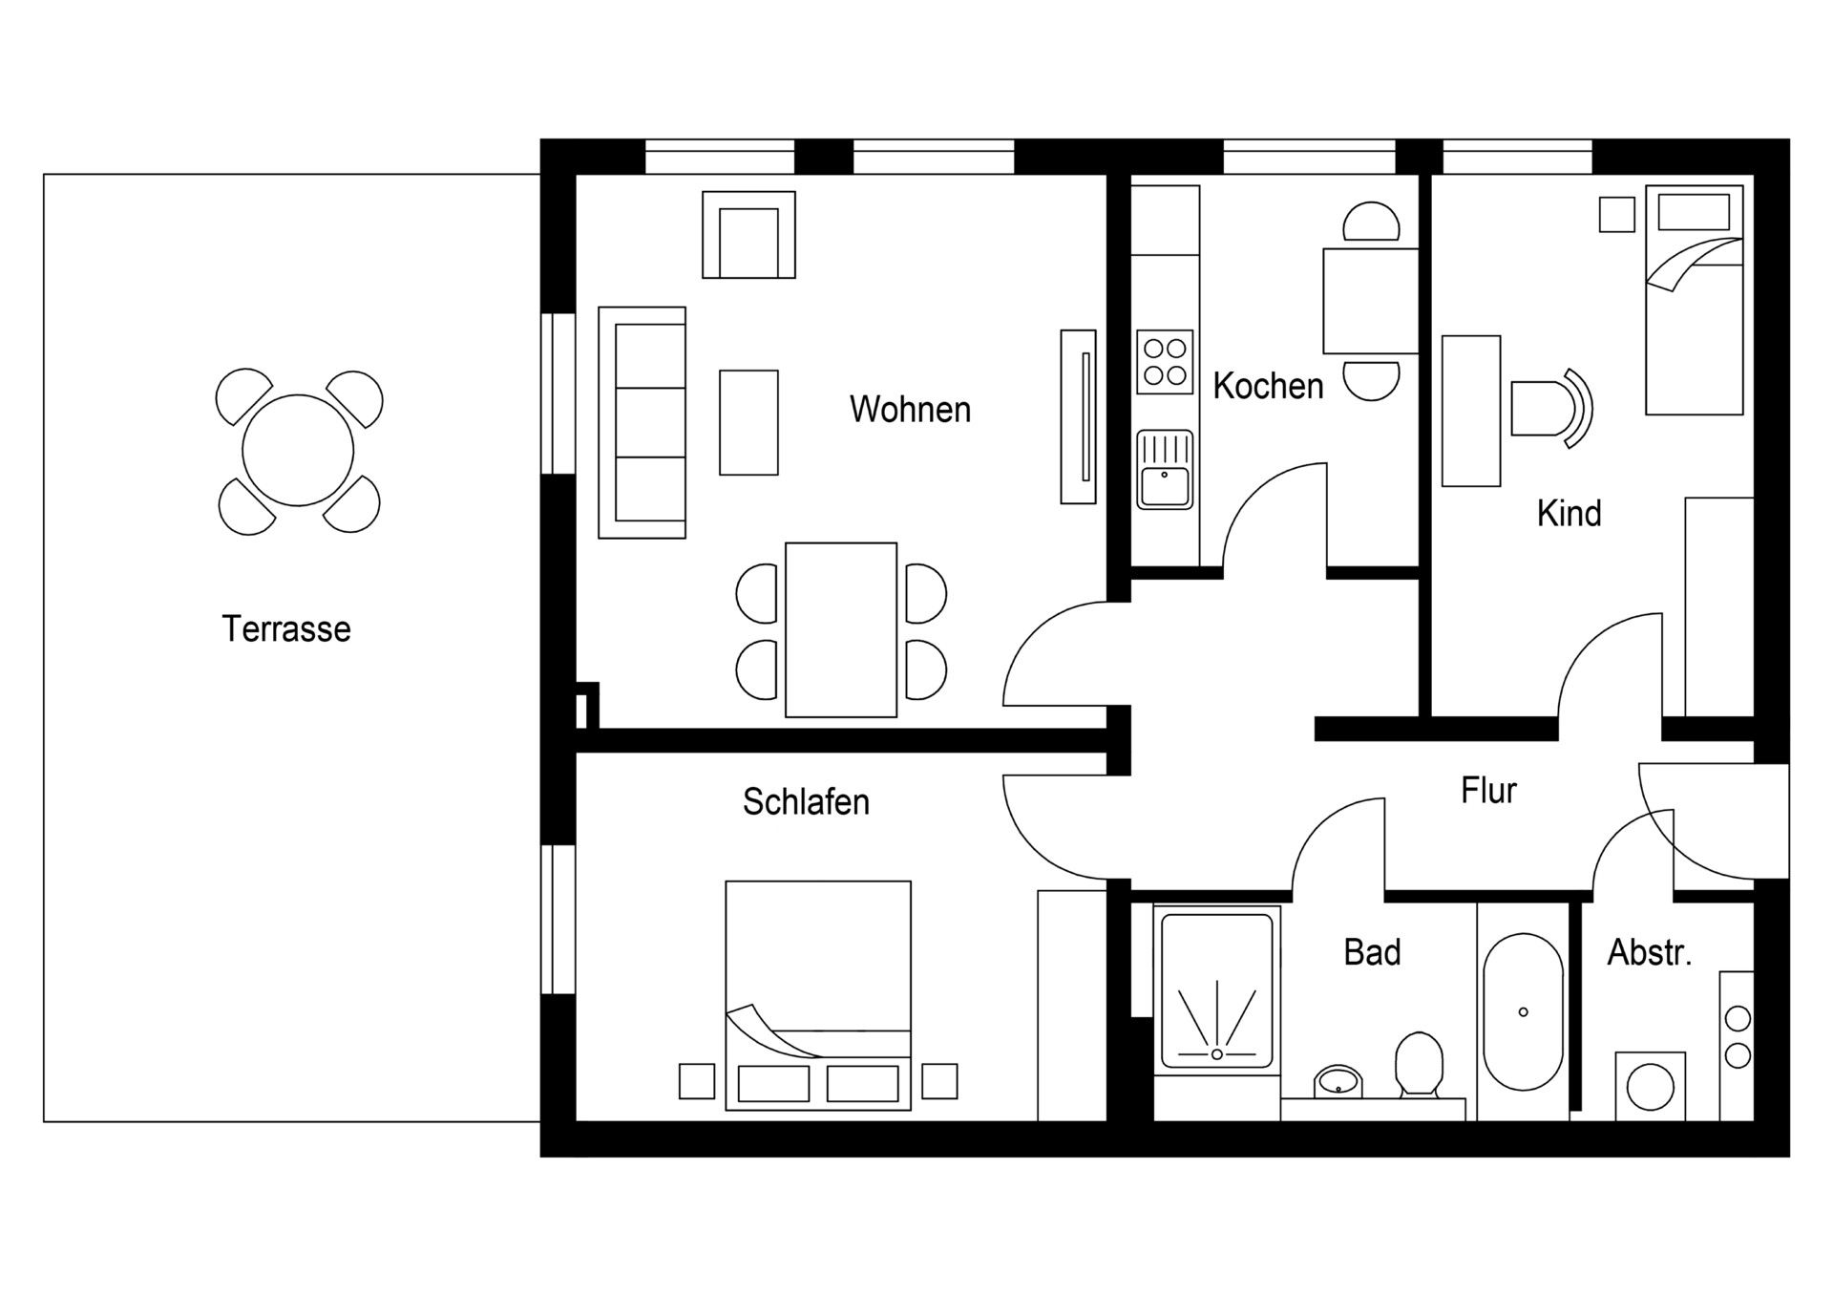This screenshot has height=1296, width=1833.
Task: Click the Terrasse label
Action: (x=286, y=628)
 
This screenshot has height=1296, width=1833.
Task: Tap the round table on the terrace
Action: (x=298, y=451)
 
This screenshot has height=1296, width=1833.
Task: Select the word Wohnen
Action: (x=910, y=409)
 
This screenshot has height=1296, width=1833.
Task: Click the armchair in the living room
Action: (x=748, y=236)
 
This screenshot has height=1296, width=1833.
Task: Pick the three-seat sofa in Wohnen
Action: (x=643, y=422)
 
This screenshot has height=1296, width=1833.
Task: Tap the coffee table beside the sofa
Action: (x=748, y=422)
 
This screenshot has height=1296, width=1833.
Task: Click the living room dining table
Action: (x=840, y=629)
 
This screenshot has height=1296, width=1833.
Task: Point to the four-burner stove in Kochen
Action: (x=1165, y=362)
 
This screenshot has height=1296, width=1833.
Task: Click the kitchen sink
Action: (x=1165, y=469)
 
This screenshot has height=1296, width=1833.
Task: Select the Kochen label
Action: (x=1268, y=386)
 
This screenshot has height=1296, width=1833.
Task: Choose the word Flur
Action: (x=1488, y=790)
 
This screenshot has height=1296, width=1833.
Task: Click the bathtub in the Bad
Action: (x=1523, y=1011)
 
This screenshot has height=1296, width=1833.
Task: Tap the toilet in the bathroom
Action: (x=1418, y=1065)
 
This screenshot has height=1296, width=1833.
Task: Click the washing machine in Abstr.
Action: (x=1650, y=1087)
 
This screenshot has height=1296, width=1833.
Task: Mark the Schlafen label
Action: (x=806, y=801)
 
